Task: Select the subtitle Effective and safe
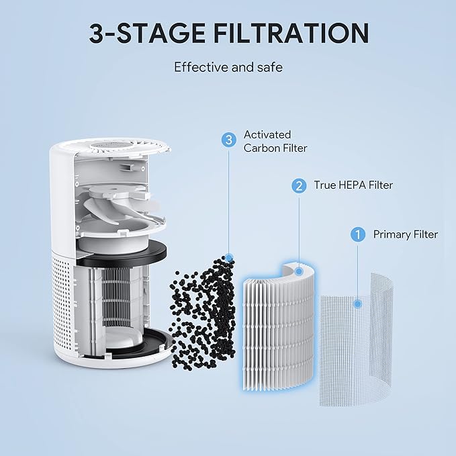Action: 228,67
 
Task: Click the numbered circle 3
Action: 229,140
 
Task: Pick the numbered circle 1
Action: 358,234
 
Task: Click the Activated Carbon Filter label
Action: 275,141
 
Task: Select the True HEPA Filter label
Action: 353,185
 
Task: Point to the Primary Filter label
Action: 405,234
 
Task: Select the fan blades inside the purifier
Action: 128,205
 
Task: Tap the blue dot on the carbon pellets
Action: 229,257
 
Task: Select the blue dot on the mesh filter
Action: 358,304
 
